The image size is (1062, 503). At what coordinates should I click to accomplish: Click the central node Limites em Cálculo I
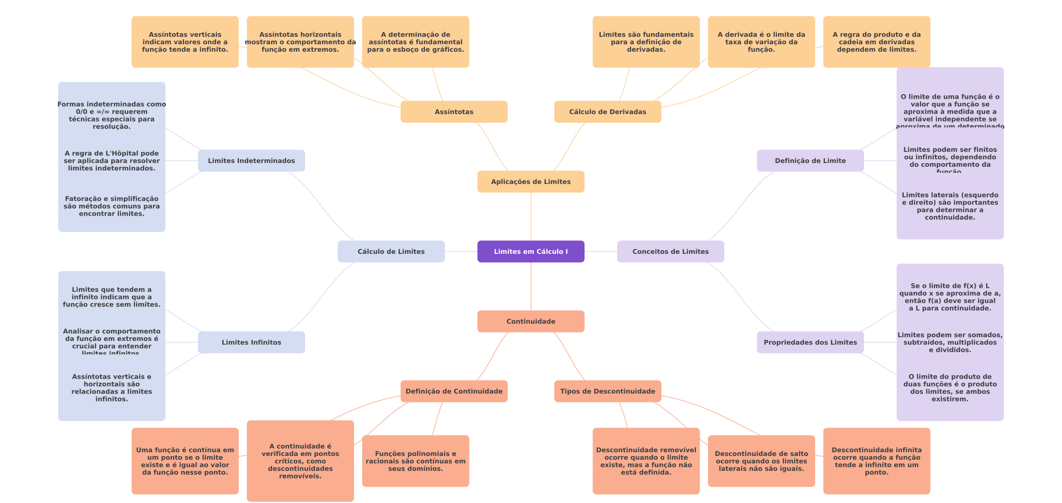pos(531,251)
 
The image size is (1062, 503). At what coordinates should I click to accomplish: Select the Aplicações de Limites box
pos(531,182)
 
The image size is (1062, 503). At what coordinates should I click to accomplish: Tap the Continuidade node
pos(531,321)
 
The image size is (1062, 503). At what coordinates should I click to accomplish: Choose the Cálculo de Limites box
pos(391,251)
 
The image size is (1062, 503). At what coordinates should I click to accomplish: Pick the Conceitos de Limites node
pos(670,251)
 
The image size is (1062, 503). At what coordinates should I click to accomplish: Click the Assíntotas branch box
pos(454,112)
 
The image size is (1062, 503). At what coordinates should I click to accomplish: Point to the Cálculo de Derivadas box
pos(607,112)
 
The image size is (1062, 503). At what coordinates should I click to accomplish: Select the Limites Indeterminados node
pos(251,161)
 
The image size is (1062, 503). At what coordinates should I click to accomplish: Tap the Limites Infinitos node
pos(251,342)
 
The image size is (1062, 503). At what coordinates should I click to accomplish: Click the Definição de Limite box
pos(810,161)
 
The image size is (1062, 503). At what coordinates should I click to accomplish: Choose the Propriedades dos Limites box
pos(810,342)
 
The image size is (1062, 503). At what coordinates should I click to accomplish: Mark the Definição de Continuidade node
pos(454,391)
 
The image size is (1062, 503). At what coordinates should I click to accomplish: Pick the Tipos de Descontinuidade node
pos(607,391)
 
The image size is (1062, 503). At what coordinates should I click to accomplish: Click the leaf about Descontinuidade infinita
pos(876,461)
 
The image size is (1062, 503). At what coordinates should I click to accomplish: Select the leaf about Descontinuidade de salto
pos(761,461)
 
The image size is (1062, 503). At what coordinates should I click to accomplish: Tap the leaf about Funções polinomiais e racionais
pos(415,461)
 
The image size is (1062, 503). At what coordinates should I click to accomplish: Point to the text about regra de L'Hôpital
pos(112,161)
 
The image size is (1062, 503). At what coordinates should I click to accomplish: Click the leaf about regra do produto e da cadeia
pos(876,42)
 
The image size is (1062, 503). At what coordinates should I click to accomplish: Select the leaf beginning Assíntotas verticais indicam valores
pos(185,42)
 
